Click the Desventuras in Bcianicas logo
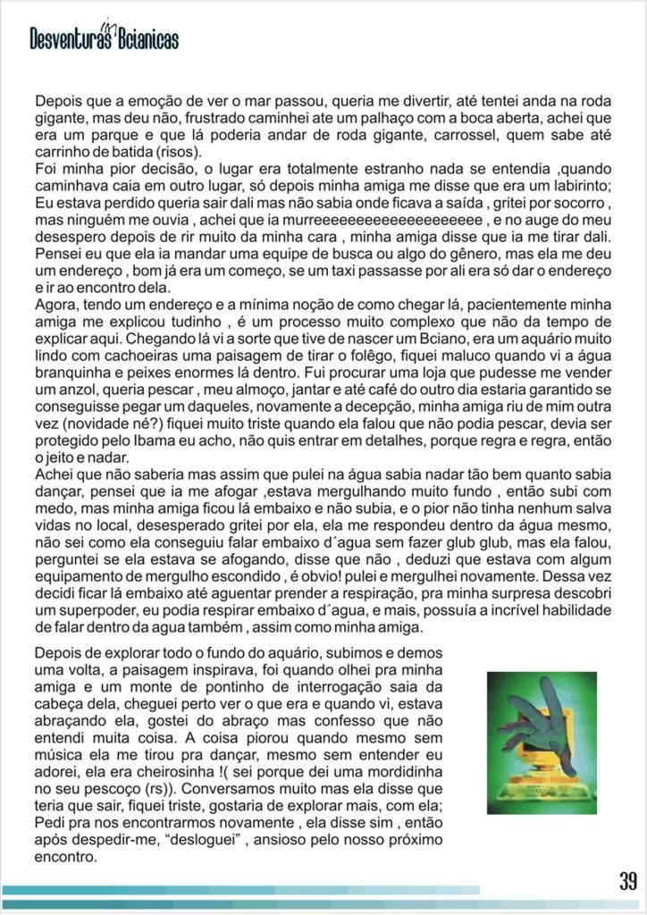[105, 37]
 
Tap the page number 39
[627, 881]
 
